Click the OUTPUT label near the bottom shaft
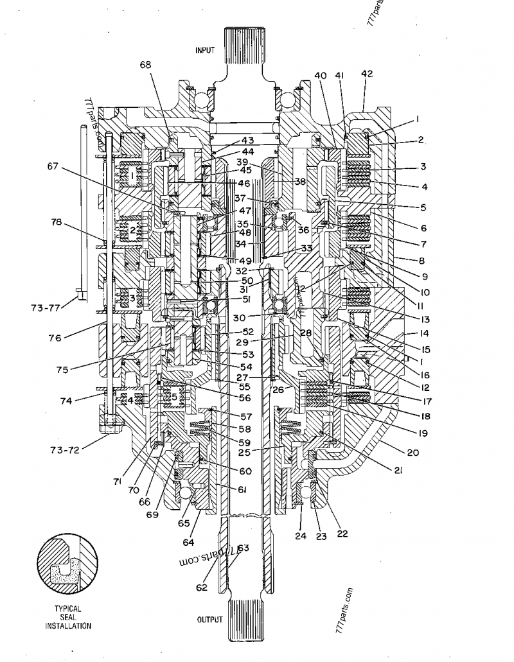click(209, 620)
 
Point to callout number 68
click(146, 65)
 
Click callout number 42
click(367, 74)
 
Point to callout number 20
click(412, 452)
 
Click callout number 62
click(202, 587)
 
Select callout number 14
click(424, 334)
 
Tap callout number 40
click(320, 75)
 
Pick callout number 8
click(422, 261)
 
